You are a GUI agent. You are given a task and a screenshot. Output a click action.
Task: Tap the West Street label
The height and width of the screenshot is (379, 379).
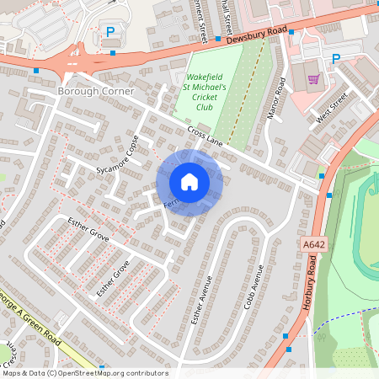(x=332, y=105)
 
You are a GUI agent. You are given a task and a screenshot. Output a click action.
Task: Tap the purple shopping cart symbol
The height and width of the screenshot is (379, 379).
(x=314, y=79)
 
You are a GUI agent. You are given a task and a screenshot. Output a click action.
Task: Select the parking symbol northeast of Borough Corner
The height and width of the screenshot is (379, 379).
(x=109, y=31)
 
